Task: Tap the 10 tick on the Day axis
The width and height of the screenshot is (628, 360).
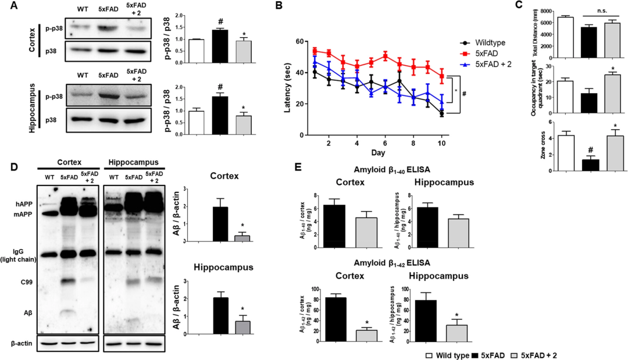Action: click(x=441, y=143)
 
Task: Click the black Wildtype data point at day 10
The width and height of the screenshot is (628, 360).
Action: click(x=441, y=114)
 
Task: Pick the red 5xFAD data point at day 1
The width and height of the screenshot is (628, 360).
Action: click(x=315, y=51)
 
